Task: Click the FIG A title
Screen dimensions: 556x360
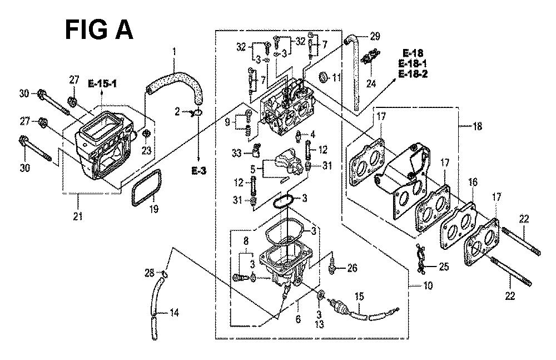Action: coord(99,30)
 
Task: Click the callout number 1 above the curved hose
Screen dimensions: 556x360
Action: coord(173,52)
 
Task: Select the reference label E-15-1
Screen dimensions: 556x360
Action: coord(102,84)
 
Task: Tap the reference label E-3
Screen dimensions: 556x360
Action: coord(198,171)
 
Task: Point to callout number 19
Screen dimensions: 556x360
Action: coord(153,209)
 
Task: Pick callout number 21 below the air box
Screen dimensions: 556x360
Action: coord(78,216)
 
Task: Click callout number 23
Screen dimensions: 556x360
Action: coord(146,151)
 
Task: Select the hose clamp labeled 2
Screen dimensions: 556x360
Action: coord(197,114)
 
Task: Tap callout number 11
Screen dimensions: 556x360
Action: coord(336,77)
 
